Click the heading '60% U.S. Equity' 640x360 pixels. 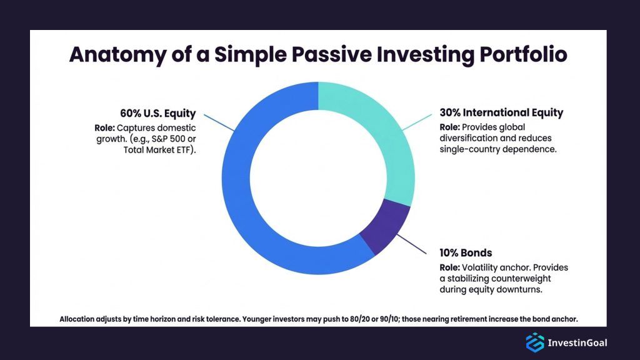[158, 114]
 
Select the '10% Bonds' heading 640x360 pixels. [466, 253]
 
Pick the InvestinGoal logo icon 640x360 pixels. [534, 342]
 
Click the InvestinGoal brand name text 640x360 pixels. [577, 343]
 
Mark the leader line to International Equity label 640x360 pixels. [415, 122]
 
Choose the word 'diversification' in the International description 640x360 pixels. [469, 138]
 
